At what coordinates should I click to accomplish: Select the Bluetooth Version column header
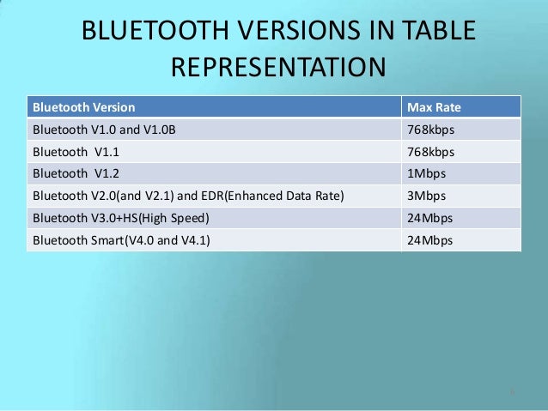click(x=83, y=107)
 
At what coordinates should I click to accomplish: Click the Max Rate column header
click(x=435, y=107)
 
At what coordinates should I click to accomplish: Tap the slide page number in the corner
click(x=512, y=394)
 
